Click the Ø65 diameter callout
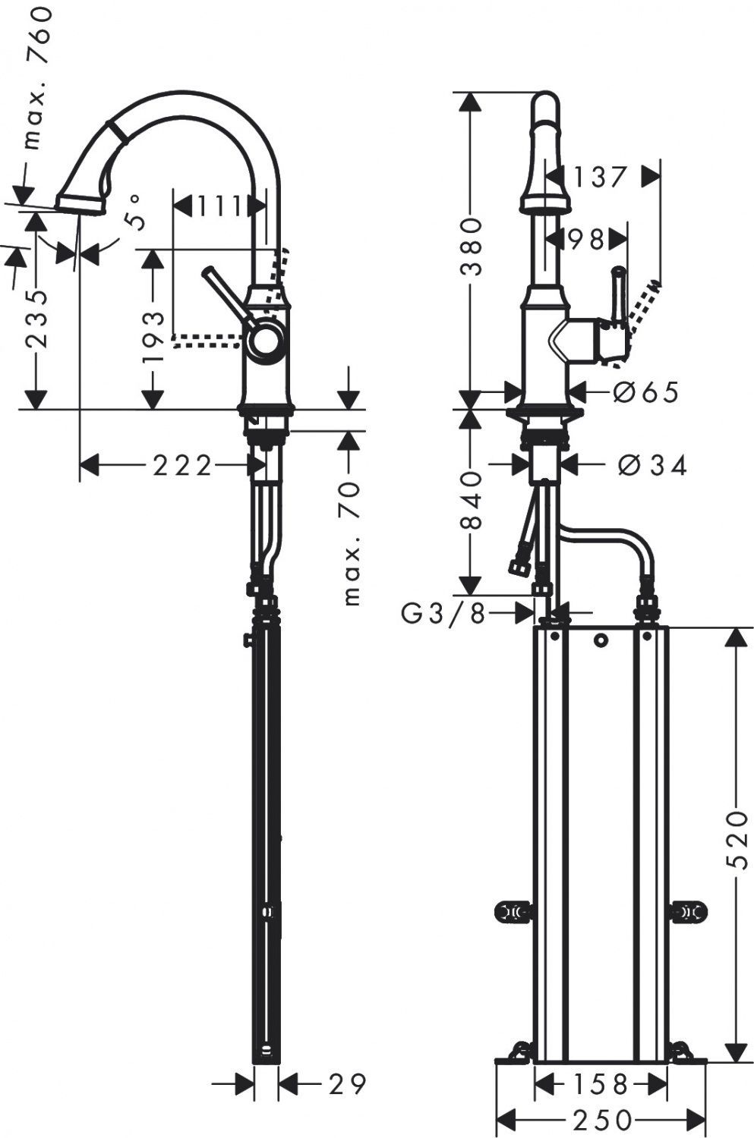point(645,391)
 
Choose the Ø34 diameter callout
point(653,464)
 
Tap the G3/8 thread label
point(443,613)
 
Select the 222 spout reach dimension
point(182,465)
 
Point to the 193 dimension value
point(153,336)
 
